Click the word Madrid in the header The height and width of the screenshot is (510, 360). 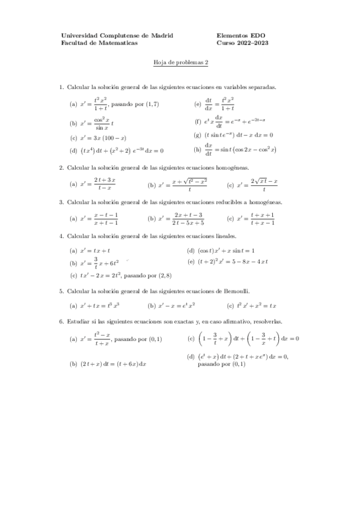click(161, 35)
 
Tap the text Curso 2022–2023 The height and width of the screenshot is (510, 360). click(242, 43)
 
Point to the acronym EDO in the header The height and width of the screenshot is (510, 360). click(259, 35)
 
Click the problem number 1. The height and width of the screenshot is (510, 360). click(61, 88)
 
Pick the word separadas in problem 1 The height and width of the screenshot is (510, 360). click(261, 88)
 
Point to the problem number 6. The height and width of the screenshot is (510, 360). click(61, 322)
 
